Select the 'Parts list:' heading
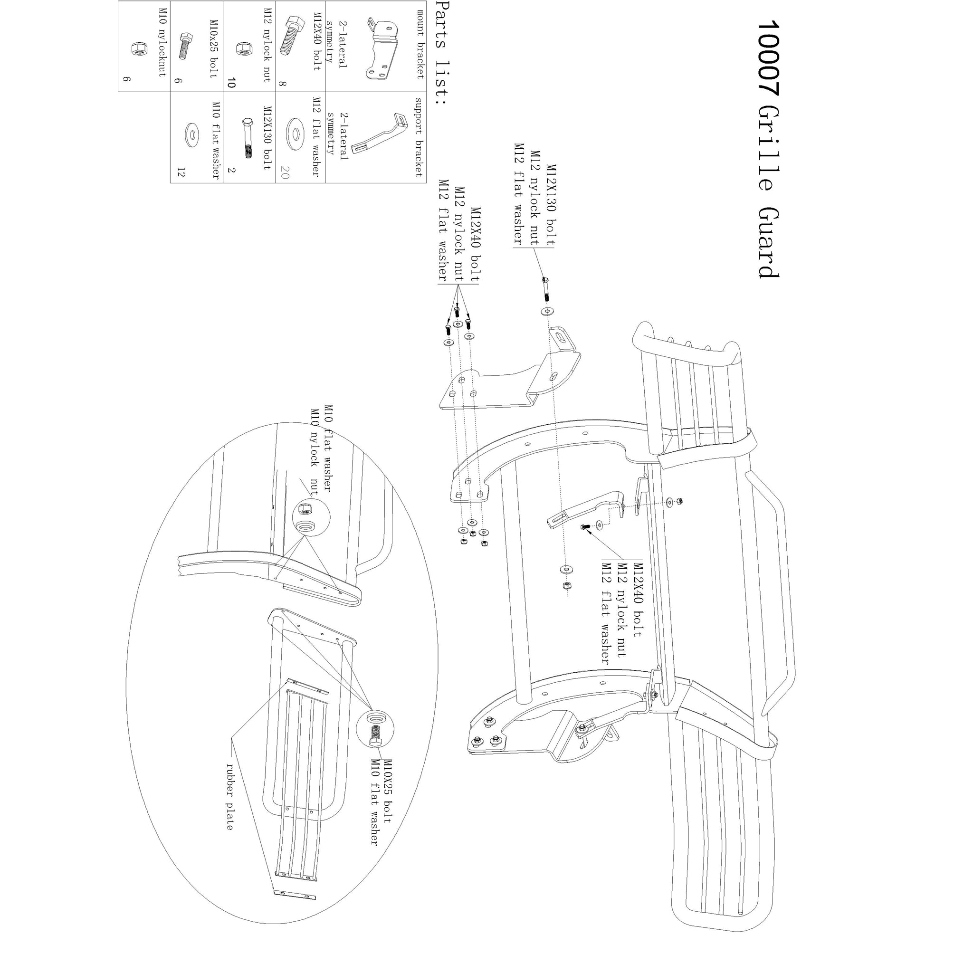point(441,52)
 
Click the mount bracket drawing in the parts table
point(382,50)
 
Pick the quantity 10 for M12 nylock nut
point(231,83)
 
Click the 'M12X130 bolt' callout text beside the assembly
point(552,205)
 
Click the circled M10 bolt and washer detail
point(375,729)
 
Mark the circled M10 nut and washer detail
point(311,518)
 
